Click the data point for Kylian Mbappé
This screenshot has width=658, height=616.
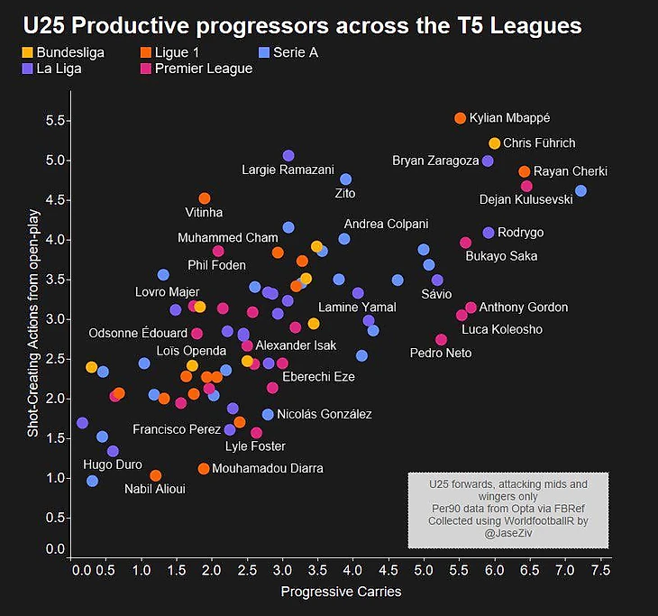coord(460,118)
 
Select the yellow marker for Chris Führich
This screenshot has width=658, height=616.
coord(494,143)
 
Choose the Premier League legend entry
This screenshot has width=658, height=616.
coord(198,68)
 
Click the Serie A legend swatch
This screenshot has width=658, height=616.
coord(263,52)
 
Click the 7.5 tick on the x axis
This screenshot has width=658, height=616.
coord(599,571)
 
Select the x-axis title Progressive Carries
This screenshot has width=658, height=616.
coord(341,593)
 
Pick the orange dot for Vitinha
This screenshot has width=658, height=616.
coord(204,198)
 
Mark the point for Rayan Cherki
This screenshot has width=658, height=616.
coord(524,171)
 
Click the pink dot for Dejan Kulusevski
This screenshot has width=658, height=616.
coord(526,186)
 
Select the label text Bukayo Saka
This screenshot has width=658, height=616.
coord(501,256)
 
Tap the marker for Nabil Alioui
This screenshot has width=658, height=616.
coord(155,475)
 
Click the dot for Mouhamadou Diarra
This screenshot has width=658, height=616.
coord(204,468)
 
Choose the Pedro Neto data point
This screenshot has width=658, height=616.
coord(441,339)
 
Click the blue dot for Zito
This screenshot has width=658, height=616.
coord(345,179)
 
